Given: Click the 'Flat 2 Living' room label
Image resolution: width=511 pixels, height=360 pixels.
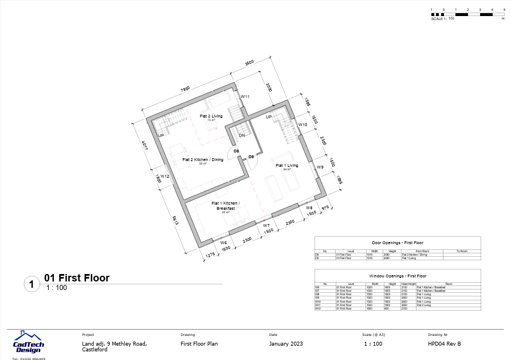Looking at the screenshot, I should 211,116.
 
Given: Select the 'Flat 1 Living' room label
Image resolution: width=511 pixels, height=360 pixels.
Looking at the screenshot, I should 287,166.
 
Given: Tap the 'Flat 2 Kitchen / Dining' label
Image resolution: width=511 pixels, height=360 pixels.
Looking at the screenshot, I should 203,160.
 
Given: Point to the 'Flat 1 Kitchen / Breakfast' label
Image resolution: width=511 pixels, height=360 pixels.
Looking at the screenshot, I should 225,206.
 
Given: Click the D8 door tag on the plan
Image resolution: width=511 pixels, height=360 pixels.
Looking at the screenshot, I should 236,151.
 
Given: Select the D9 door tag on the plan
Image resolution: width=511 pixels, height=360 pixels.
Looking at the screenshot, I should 251,157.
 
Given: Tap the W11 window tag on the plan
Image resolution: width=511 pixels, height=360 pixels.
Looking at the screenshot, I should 245,97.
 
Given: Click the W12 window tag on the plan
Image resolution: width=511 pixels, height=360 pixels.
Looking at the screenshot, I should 164,176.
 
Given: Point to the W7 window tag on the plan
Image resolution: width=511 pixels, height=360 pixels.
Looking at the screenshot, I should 266,226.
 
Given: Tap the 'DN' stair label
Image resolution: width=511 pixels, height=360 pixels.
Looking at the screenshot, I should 242,136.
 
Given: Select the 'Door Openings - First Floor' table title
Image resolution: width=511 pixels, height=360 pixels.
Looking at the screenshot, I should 398,243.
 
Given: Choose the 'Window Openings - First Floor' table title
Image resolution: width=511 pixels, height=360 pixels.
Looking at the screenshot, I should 398,276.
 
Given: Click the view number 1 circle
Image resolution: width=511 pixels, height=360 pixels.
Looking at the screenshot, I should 32,283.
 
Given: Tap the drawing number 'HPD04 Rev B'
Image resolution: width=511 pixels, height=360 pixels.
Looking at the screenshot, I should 444,344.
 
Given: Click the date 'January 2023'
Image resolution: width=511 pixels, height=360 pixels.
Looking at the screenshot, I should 286,344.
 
